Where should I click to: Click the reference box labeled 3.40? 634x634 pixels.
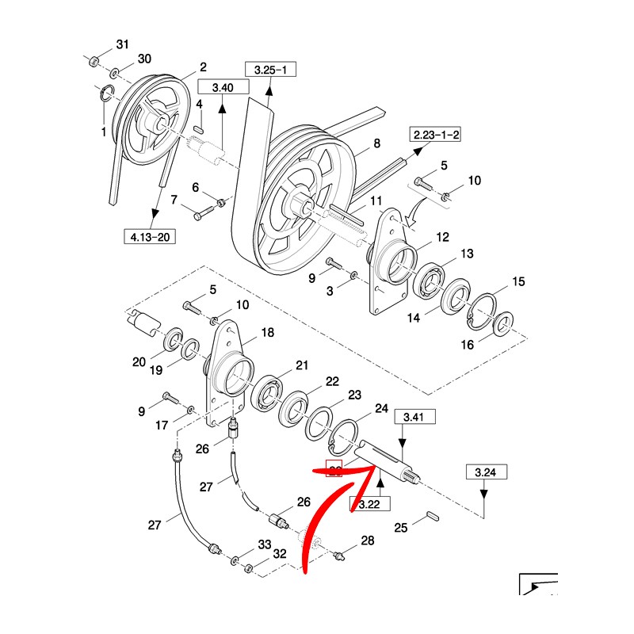221,88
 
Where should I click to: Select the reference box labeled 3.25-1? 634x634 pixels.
269,70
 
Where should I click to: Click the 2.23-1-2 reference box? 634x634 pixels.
434,135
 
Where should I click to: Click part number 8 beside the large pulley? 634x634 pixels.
376,143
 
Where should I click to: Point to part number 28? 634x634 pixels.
367,540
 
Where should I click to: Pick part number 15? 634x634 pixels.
518,281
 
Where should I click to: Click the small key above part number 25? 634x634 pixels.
432,514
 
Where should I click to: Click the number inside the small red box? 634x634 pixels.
335,470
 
